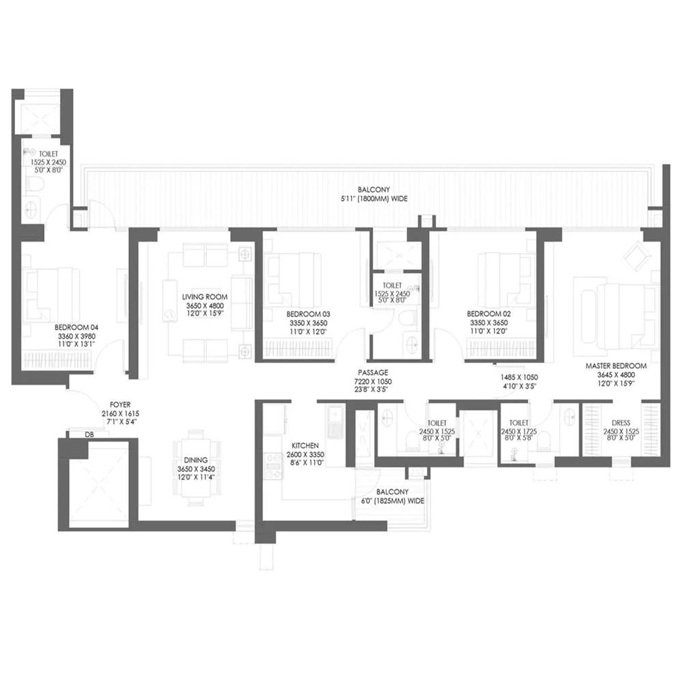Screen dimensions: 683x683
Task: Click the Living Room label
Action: tap(205, 297)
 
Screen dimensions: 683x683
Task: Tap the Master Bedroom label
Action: tap(616, 366)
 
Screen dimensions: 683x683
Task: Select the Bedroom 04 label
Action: tap(76, 328)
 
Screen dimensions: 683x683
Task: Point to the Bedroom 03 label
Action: tap(309, 314)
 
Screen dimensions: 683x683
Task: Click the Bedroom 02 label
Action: tap(489, 313)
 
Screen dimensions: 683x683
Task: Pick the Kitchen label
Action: tap(305, 445)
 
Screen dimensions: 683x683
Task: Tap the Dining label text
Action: tap(195, 460)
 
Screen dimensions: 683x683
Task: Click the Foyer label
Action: tap(120, 405)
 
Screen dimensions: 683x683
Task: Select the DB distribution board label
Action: tap(89, 434)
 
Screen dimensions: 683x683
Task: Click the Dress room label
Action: tap(621, 423)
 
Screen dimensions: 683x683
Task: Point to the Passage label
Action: tap(373, 373)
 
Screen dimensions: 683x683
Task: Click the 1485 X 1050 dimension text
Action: tap(519, 377)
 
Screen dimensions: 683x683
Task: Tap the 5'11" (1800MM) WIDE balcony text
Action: tap(374, 199)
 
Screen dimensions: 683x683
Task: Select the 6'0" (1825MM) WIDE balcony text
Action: tap(393, 501)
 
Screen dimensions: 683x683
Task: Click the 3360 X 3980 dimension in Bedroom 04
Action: tap(76, 336)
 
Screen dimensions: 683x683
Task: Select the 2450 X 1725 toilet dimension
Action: tap(519, 432)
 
